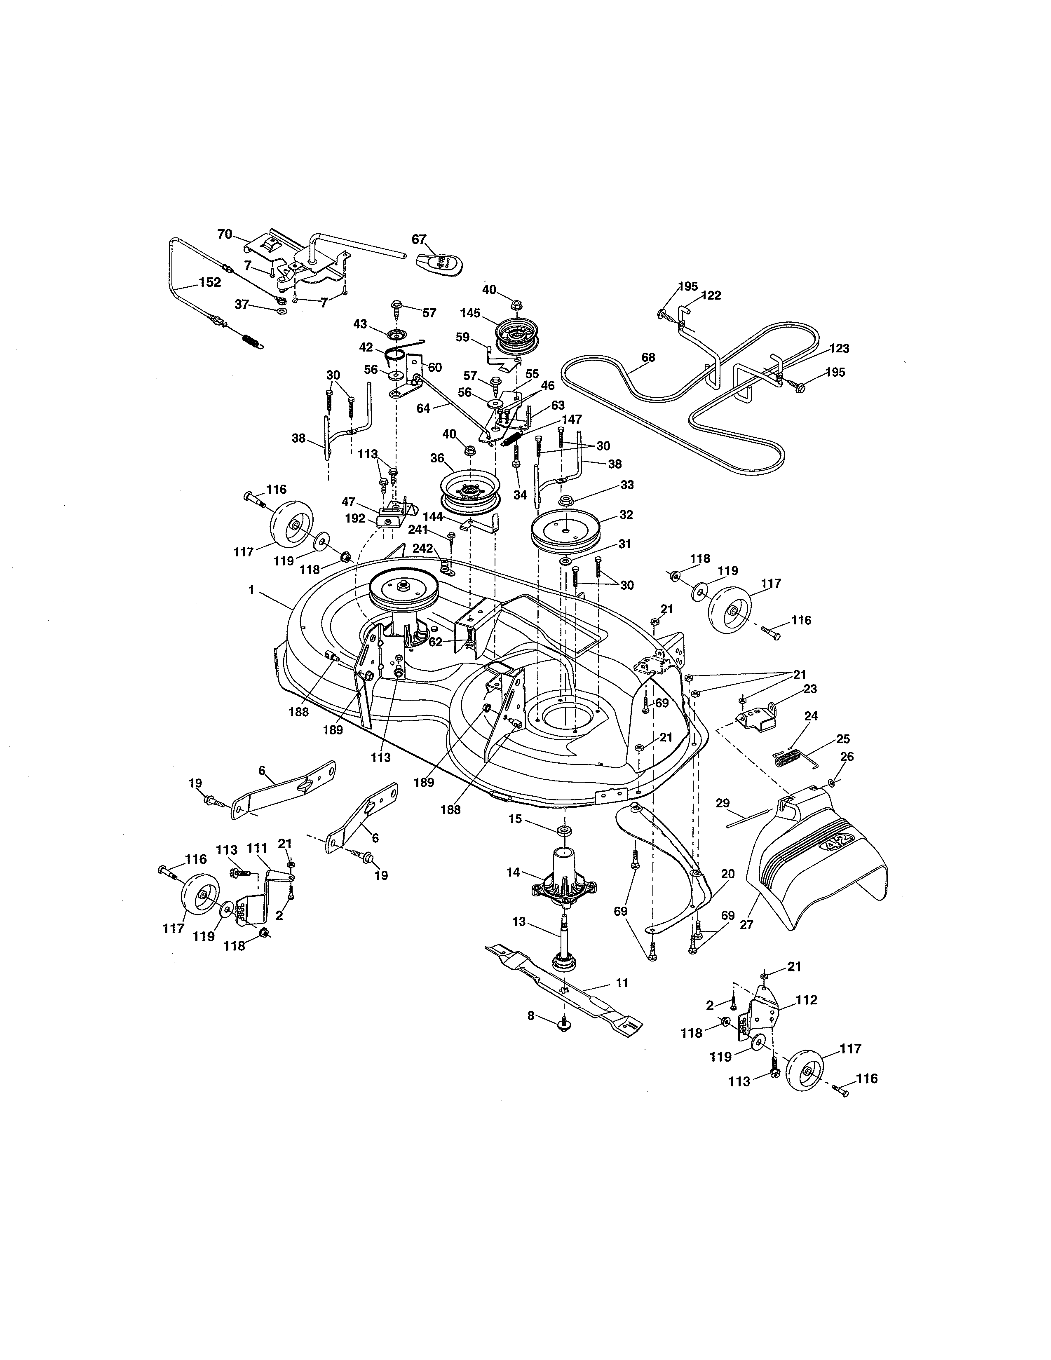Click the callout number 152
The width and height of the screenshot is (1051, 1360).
click(209, 282)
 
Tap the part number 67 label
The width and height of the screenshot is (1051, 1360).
click(419, 239)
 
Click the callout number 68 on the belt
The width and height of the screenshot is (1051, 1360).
click(648, 357)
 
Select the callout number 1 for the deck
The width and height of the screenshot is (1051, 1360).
click(251, 589)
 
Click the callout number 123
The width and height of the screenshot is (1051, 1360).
click(839, 348)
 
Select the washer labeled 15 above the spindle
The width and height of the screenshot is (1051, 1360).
click(565, 831)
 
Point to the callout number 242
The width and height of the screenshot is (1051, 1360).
click(422, 549)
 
